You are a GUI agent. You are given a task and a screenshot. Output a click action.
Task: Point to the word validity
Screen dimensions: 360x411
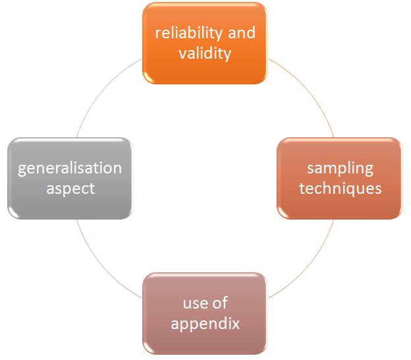tap(205, 53)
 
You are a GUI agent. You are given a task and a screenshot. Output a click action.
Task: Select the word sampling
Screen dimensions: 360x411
tap(340, 168)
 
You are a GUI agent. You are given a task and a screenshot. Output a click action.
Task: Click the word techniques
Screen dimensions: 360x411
tap(340, 189)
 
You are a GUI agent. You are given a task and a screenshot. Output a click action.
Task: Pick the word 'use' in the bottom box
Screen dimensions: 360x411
tap(195, 303)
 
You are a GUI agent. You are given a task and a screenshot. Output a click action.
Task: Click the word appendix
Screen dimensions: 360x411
tap(205, 324)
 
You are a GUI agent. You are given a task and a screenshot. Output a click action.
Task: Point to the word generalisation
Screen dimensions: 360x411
tap(70, 168)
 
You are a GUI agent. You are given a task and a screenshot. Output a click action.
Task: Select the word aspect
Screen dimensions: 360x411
tap(70, 189)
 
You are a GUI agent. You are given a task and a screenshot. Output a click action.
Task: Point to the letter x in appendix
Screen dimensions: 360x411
tap(236, 324)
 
